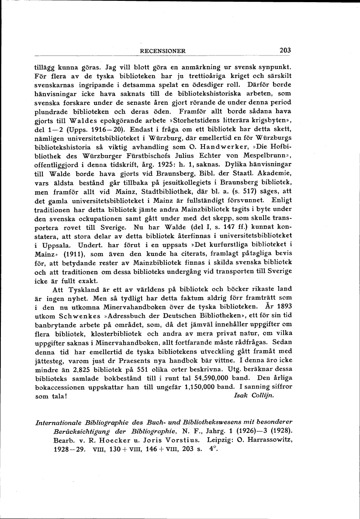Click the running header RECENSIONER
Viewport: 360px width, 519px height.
tap(163, 51)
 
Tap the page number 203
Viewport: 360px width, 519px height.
tap(285, 50)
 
